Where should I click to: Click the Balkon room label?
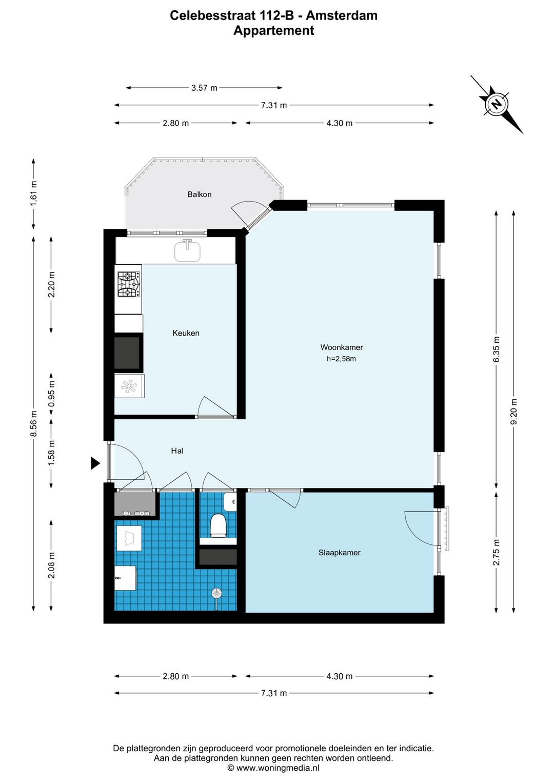tap(199, 194)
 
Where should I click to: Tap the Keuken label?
tap(186, 333)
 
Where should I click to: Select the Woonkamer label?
tap(342, 347)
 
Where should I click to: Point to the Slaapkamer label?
tap(339, 553)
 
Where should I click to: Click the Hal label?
tap(177, 451)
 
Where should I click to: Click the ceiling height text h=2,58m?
tap(341, 359)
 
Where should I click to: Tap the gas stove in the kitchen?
tap(128, 284)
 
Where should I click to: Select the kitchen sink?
tap(187, 251)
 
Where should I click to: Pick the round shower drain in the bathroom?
tap(216, 594)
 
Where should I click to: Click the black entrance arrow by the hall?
tap(95, 463)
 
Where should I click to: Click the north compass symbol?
tap(496, 104)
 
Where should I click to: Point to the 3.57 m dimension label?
tap(204, 88)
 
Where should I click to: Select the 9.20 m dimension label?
tap(514, 412)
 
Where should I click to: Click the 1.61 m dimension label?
tap(34, 193)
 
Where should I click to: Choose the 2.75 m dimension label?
tap(497, 553)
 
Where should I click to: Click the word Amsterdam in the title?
tap(342, 15)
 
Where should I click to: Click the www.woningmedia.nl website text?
tap(278, 768)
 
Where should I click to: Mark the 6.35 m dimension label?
tap(497, 350)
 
